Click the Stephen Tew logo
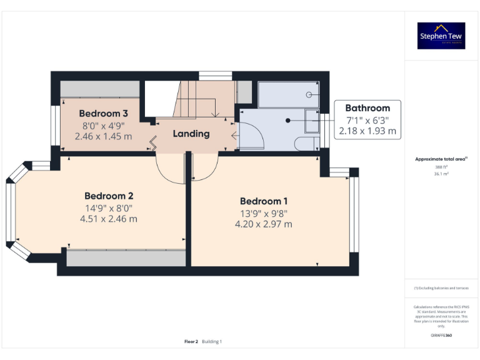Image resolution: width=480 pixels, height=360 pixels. [x=441, y=36]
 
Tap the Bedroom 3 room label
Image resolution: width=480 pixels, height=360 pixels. [x=104, y=114]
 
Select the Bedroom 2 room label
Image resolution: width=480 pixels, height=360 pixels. [x=109, y=196]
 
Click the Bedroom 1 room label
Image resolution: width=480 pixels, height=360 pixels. [x=264, y=201]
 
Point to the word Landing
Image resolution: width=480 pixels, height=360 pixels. [x=191, y=134]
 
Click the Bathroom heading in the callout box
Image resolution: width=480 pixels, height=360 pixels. [x=367, y=108]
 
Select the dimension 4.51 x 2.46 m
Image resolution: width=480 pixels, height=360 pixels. [x=109, y=219]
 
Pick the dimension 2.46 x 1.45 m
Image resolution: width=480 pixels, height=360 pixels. [x=104, y=136]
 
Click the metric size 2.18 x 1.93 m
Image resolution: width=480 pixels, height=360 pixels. [x=367, y=131]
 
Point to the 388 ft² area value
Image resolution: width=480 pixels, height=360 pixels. [x=441, y=167]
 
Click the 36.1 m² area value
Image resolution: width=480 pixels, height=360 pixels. [x=441, y=174]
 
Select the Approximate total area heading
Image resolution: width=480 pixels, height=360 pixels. [x=441, y=159]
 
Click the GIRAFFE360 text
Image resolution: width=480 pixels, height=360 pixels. [x=441, y=336]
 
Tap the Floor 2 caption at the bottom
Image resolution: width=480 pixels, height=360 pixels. [x=191, y=342]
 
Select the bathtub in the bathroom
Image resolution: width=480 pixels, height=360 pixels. [x=288, y=94]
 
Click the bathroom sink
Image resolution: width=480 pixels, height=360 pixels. [x=311, y=121]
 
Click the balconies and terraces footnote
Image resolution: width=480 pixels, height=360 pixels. [x=441, y=288]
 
